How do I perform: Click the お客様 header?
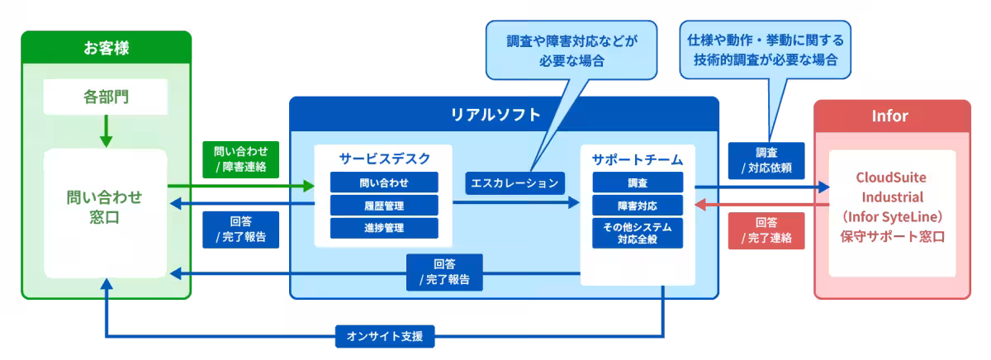click(x=106, y=48)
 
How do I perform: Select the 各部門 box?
click(x=106, y=97)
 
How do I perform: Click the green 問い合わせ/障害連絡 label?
click(x=240, y=159)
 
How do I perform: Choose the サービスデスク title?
click(x=384, y=159)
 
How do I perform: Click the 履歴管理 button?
click(x=384, y=205)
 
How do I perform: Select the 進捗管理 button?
click(x=384, y=227)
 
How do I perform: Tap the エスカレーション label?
click(x=514, y=182)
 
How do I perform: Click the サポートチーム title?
click(x=638, y=159)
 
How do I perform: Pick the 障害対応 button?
click(x=638, y=205)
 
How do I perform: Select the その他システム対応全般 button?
click(x=638, y=233)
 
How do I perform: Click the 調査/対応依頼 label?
click(x=765, y=159)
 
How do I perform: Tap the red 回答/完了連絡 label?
click(x=765, y=230)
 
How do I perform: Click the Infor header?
click(x=891, y=116)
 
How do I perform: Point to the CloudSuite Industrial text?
click(x=891, y=188)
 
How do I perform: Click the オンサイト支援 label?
click(x=385, y=336)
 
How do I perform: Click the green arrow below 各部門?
click(x=106, y=130)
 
